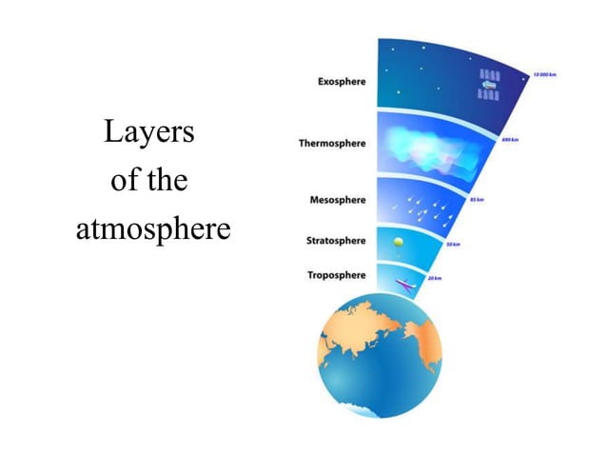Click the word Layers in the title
point(149,132)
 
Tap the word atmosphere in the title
point(153,229)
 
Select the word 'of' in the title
point(125,181)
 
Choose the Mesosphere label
point(338,201)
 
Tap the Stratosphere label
point(335,242)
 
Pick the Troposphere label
point(336,275)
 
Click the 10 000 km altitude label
point(544,73)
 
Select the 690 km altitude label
point(509,140)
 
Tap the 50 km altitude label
point(453,246)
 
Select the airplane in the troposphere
point(406,284)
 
